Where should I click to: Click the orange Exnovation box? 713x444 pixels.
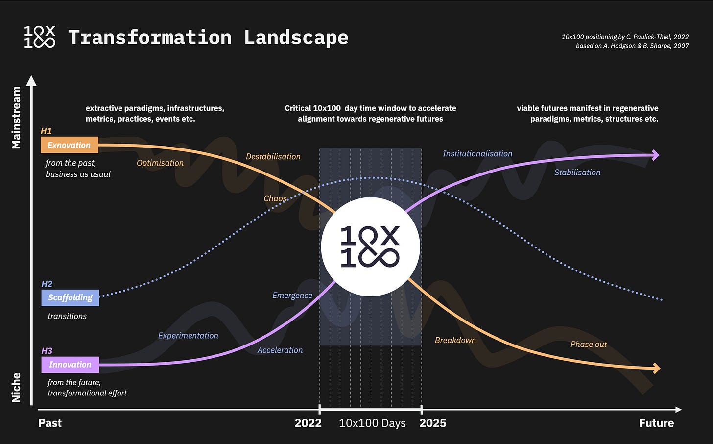(x=69, y=145)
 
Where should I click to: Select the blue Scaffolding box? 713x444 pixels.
(x=70, y=297)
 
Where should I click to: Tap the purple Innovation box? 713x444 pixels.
(x=70, y=365)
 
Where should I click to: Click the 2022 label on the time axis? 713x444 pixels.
(x=308, y=423)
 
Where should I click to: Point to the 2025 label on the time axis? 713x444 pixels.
(x=433, y=423)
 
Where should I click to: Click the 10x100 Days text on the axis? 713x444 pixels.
(x=372, y=423)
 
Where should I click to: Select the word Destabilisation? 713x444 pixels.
(x=273, y=157)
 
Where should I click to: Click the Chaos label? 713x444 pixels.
(x=275, y=198)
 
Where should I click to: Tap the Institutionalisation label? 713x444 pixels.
(x=477, y=154)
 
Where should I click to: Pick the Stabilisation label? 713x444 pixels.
(x=577, y=173)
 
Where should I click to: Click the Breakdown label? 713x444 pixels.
(x=455, y=341)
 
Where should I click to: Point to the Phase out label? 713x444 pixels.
(x=589, y=345)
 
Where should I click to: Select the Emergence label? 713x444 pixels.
(x=292, y=296)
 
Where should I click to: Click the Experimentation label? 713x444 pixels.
(x=188, y=336)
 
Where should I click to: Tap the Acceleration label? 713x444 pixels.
(x=280, y=350)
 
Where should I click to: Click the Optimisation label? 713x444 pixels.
(x=160, y=163)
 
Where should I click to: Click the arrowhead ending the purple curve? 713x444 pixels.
(x=655, y=155)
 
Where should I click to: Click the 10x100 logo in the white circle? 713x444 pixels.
(x=370, y=247)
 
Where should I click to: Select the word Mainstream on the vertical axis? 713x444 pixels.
(x=17, y=118)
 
